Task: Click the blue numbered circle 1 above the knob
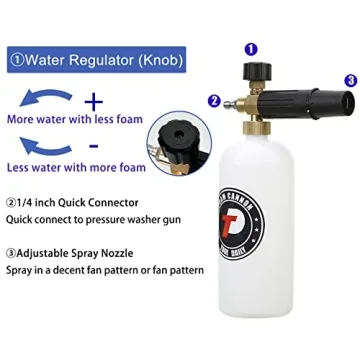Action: coord(251,48)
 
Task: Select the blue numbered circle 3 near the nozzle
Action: coord(349,80)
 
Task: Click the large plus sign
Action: coord(95,102)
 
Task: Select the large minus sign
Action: coord(95,147)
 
